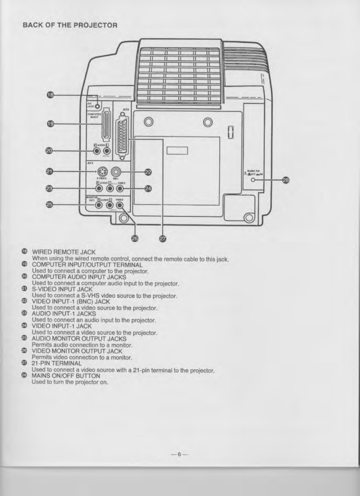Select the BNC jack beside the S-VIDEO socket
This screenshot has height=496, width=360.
point(115,172)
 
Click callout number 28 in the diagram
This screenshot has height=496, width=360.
point(286,180)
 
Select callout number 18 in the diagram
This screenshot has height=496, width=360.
point(51,95)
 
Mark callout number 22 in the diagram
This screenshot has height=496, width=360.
point(148,172)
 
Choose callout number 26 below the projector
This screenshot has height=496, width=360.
point(135,239)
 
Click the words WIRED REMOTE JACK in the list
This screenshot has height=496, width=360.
point(64,252)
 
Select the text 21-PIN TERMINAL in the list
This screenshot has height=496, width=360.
point(57,363)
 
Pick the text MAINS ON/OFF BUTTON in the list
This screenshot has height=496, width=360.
point(66,376)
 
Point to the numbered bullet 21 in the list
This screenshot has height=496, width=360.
point(25,288)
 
